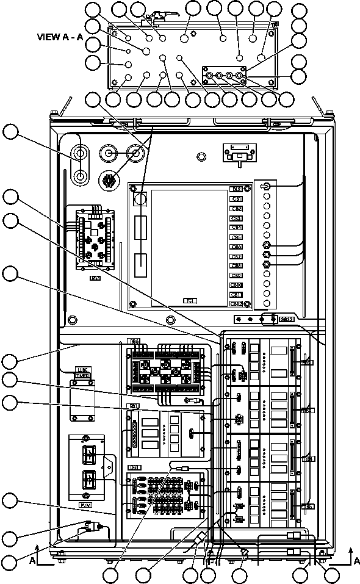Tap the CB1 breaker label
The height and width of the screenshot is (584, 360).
pyautogui.click(x=236, y=199)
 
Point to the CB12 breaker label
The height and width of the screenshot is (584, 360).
pyautogui.click(x=236, y=303)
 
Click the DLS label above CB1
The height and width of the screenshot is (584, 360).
pyautogui.click(x=236, y=189)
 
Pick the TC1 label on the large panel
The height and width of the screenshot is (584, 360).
pyautogui.click(x=190, y=301)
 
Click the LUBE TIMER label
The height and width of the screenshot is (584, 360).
pyautogui.click(x=82, y=372)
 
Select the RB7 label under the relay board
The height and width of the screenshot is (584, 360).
pyautogui.click(x=95, y=278)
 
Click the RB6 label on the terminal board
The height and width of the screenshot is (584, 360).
pyautogui.click(x=134, y=341)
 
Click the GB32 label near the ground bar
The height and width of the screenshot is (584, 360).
pyautogui.click(x=286, y=319)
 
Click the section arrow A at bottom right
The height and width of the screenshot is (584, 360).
pyautogui.click(x=355, y=558)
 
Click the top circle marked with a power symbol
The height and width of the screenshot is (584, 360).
pyautogui.click(x=267, y=186)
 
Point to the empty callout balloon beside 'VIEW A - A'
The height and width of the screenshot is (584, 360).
pyautogui.click(x=93, y=45)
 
